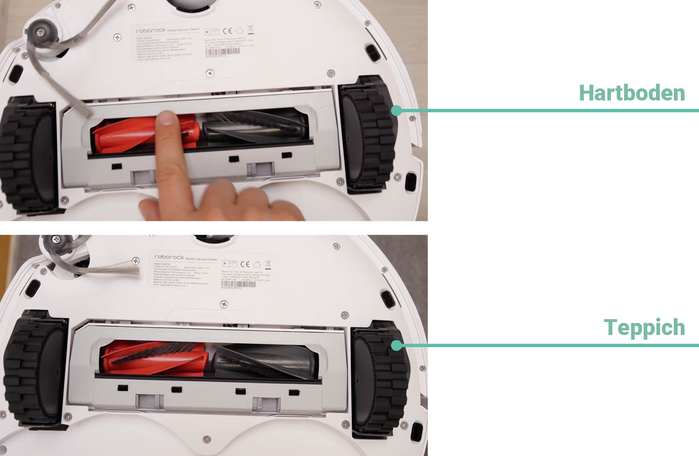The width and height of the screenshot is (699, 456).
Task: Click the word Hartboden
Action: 631,93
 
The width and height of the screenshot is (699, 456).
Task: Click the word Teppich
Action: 644,328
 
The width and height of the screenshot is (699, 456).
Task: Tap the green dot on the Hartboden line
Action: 397,110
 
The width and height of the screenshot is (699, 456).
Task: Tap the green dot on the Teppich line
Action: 397,345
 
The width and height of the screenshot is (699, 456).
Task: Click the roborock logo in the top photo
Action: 151,30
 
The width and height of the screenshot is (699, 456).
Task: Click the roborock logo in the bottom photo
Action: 169,257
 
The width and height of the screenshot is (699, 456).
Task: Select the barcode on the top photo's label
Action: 222,52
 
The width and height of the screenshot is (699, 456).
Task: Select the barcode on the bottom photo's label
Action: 238,284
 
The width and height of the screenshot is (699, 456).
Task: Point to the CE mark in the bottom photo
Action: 245,264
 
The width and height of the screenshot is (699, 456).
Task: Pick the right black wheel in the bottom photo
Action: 380,379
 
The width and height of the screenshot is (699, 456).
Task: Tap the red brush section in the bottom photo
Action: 154,358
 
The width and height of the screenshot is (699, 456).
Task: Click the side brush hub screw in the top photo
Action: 41,32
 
